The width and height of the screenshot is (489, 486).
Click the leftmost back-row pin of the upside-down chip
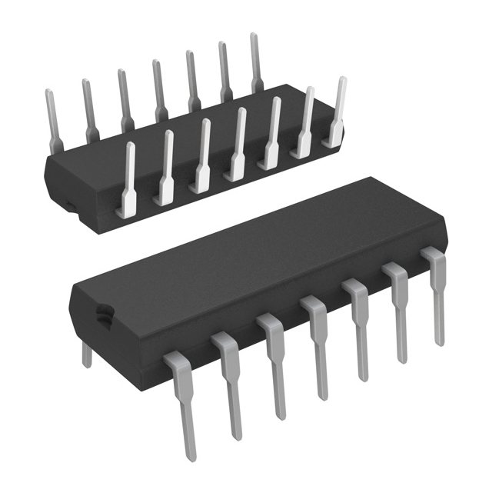52,115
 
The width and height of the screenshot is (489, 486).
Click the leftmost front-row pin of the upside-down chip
128,177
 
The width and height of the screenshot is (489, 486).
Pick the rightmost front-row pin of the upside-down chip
337,112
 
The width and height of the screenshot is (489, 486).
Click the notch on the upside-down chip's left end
68,206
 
